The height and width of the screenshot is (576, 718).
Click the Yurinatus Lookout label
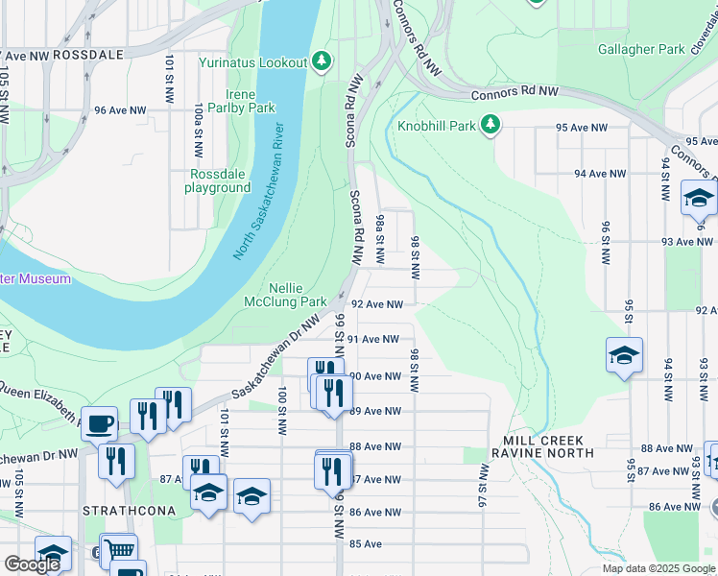point(252,63)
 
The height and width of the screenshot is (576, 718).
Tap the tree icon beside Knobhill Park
point(491,125)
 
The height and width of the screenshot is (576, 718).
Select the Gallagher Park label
point(641,49)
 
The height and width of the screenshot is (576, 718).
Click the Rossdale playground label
point(219,180)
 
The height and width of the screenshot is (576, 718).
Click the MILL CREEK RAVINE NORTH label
point(542,452)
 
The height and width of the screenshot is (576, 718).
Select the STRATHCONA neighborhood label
point(120,510)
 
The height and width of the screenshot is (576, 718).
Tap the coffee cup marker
point(99,423)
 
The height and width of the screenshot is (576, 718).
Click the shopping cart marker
point(118,551)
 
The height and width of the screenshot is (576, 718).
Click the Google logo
point(32,564)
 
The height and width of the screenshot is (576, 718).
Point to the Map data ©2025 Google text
point(658,568)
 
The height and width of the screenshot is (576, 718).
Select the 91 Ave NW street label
point(372,339)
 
